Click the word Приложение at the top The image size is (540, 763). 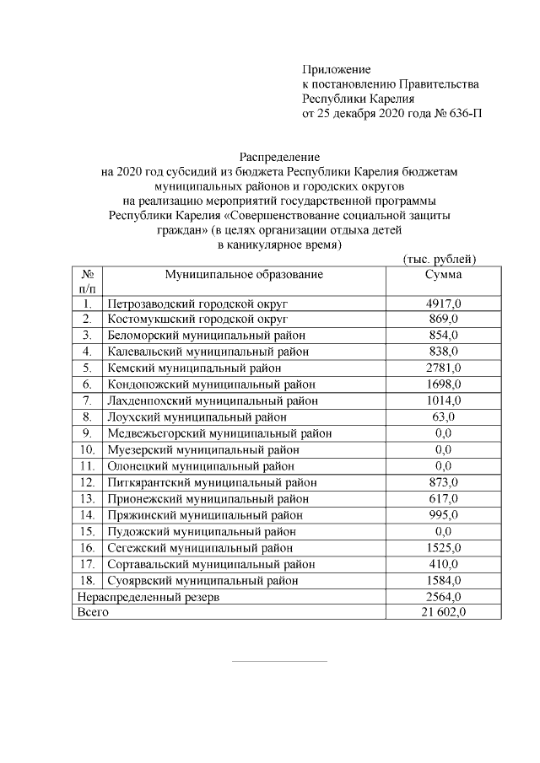click(337, 69)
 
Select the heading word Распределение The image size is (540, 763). click(279, 157)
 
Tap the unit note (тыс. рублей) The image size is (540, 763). click(440, 259)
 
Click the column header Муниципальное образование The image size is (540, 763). click(244, 275)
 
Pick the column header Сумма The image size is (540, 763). click(443, 275)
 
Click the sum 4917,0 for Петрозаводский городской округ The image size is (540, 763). click(443, 304)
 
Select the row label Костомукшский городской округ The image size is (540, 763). click(198, 320)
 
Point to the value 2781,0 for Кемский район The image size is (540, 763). click(443, 368)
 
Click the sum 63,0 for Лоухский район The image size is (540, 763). click(443, 416)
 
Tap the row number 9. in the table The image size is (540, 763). click(86, 433)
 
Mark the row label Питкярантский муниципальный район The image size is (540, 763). click(212, 482)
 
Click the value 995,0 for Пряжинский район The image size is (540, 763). click(443, 515)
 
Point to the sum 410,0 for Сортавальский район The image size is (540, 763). click(443, 564)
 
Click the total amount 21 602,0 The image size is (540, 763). click(443, 613)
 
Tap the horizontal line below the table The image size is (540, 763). click(279, 662)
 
